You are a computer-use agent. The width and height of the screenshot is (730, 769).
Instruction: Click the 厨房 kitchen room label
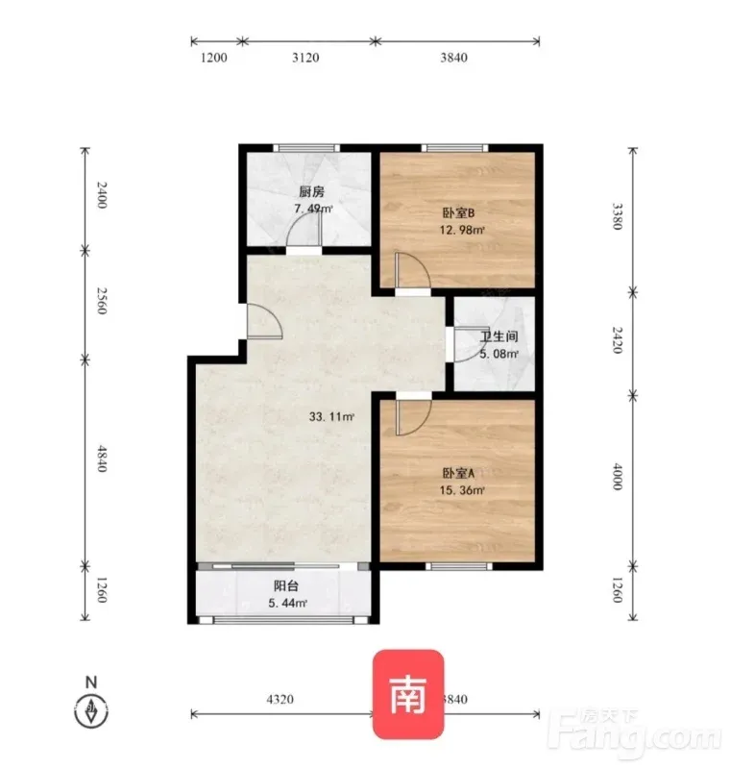click(311, 191)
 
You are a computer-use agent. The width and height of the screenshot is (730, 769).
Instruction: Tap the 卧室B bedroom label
click(458, 212)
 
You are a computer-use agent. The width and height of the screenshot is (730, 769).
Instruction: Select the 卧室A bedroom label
click(458, 473)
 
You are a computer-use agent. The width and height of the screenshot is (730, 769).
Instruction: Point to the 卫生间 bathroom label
click(499, 336)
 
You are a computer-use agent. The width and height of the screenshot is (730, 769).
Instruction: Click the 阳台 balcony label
click(286, 585)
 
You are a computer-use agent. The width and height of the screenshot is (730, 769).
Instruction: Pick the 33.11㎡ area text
click(331, 417)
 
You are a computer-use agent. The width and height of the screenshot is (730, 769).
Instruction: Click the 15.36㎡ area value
click(462, 490)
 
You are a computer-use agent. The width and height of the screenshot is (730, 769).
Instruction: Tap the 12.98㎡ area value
click(462, 230)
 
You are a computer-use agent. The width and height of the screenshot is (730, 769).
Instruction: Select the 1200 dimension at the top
click(214, 58)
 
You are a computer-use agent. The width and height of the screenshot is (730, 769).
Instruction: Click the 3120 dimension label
click(305, 58)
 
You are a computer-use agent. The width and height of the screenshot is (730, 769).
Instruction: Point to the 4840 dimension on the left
click(102, 459)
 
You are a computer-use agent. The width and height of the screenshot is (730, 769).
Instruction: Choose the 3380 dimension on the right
click(618, 216)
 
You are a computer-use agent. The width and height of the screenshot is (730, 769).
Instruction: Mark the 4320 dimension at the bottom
click(280, 699)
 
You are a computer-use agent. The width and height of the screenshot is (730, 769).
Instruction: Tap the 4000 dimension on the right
click(618, 476)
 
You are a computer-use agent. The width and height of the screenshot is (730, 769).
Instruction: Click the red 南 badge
click(408, 694)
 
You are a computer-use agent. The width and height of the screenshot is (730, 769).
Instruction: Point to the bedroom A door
click(413, 417)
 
